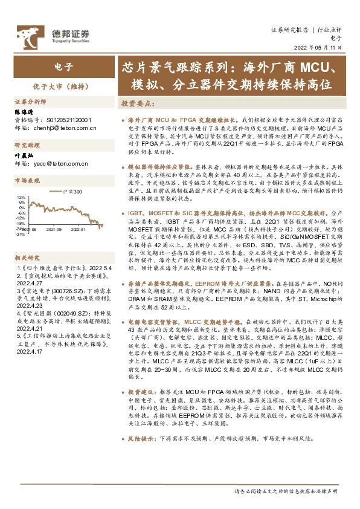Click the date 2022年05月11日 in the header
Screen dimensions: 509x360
point(322,47)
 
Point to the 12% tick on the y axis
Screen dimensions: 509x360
point(21,198)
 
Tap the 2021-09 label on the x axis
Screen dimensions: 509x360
point(54,230)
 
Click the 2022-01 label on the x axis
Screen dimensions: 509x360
point(77,230)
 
